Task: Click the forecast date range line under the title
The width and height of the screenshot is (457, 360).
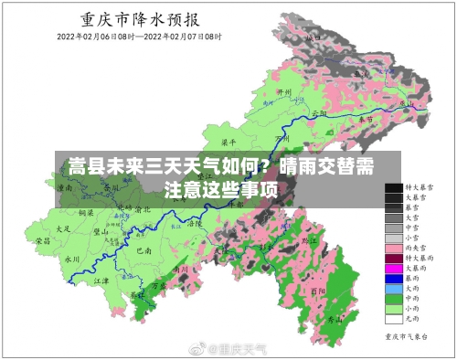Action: click(140, 37)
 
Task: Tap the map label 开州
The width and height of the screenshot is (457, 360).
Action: click(283, 92)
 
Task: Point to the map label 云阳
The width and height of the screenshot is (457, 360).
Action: click(319, 113)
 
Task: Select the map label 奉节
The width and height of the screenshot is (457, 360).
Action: click(365, 120)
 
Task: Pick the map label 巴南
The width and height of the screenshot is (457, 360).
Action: click(142, 249)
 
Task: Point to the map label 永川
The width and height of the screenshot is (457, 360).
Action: click(72, 259)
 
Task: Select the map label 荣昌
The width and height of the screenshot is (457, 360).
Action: click(42, 242)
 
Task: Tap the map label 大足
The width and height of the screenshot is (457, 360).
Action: click(63, 228)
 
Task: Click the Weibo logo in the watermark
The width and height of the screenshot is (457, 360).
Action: click(196, 348)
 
